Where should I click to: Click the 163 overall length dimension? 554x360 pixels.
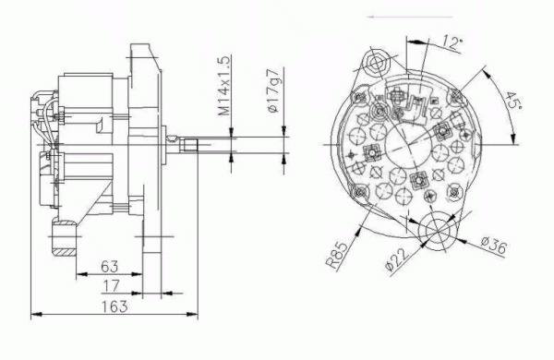[x=114, y=306]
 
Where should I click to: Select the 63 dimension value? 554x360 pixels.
[x=110, y=267]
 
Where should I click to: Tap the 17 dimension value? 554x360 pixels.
[x=112, y=285]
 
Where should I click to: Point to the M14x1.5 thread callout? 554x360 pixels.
[x=224, y=86]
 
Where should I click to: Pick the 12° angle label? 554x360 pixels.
[x=452, y=43]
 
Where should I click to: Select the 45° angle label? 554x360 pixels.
[x=511, y=101]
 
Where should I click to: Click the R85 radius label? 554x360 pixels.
[x=336, y=255]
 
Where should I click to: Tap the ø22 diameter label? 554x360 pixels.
[x=397, y=260]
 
